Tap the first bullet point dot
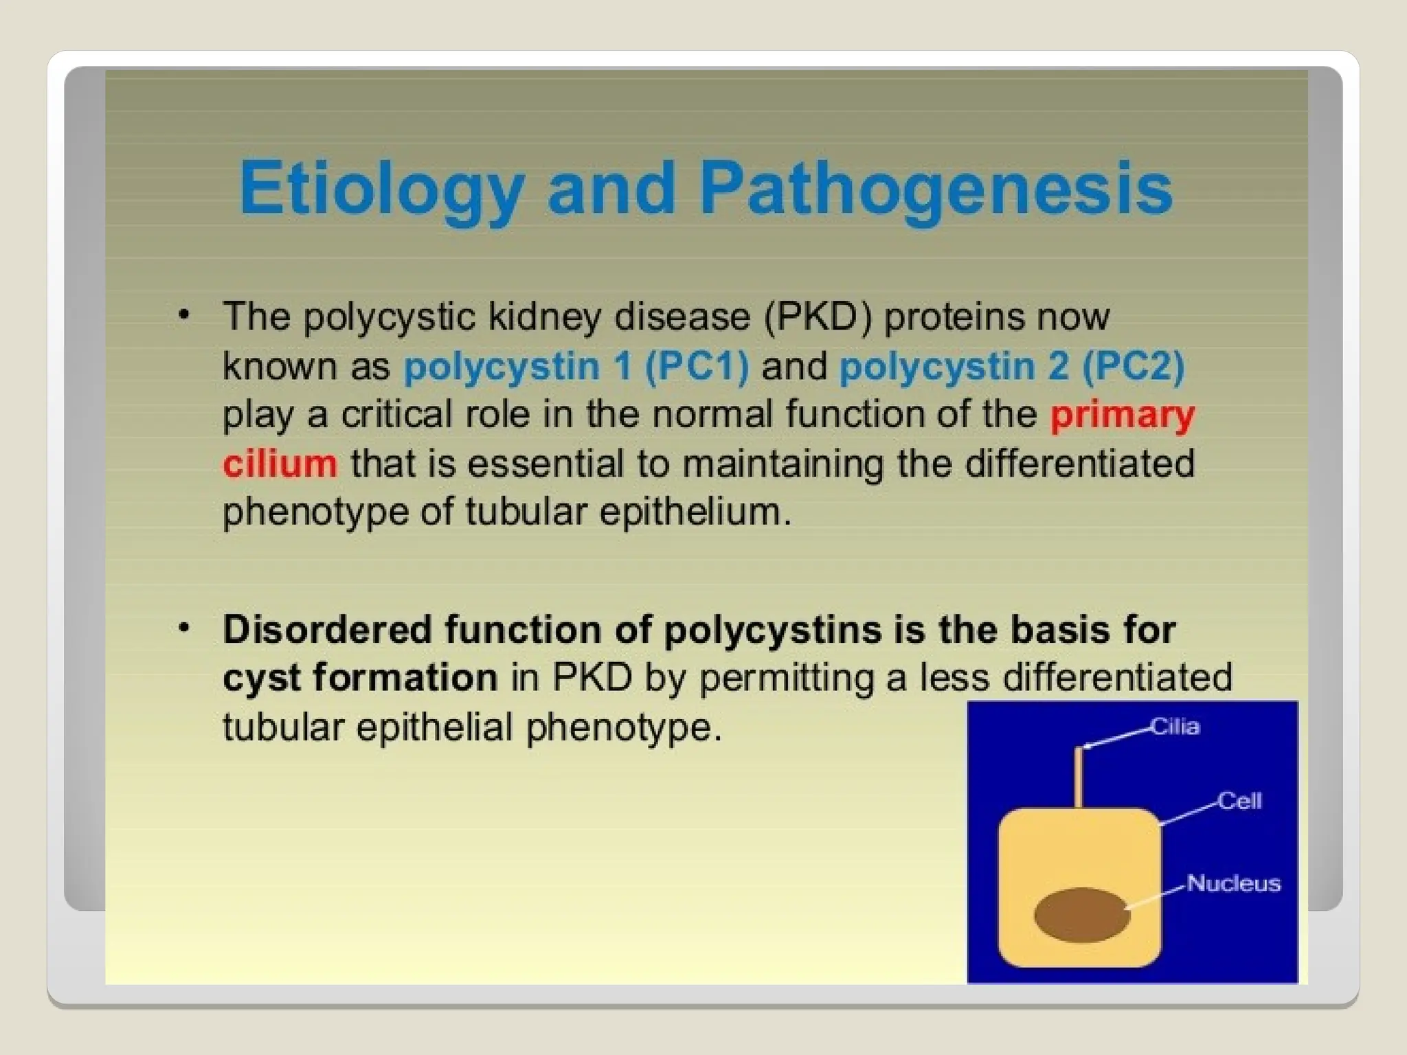tap(183, 315)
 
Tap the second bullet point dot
tap(183, 628)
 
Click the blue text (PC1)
tap(697, 365)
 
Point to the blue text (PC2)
tap(1133, 365)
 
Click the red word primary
tap(1123, 414)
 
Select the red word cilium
tap(280, 464)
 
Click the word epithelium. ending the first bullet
tap(695, 512)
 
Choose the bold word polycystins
tap(773, 630)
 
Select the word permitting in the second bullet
tap(785, 679)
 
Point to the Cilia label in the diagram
tap(1175, 727)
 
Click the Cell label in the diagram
tap(1239, 801)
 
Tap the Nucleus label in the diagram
tap(1233, 883)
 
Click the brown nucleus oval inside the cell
tap(1081, 915)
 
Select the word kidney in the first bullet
tap(544, 317)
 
